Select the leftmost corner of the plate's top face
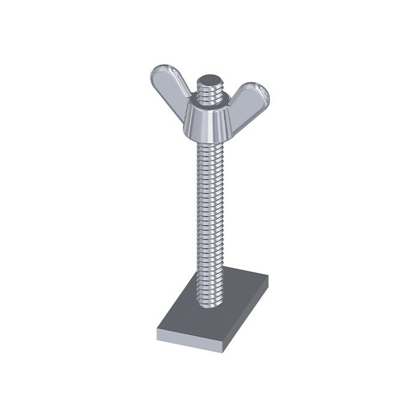click(157, 329)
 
